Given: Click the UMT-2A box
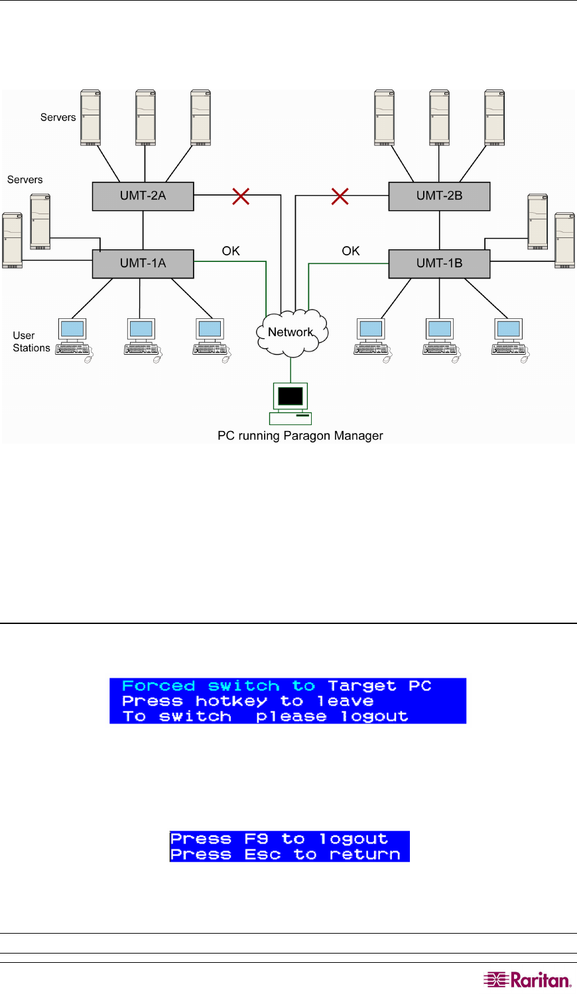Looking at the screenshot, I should click(143, 196).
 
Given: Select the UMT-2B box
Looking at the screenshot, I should click(439, 196).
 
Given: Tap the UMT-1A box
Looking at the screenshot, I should click(143, 264).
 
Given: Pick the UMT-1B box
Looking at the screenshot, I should click(439, 264).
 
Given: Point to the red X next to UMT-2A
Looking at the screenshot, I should click(241, 196).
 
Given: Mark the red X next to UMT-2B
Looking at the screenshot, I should click(340, 196).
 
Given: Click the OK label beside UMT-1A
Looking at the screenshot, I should click(231, 251).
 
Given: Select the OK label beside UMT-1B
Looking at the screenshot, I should click(351, 251).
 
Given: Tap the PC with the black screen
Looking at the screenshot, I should click(290, 398).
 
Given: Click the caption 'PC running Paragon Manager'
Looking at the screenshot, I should click(300, 436).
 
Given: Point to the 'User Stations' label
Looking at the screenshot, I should click(31, 342).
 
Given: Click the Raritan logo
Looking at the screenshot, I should click(527, 980).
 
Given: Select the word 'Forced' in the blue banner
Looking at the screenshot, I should click(159, 686).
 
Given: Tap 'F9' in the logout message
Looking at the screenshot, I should click(256, 839).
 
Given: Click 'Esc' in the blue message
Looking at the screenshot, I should click(263, 855).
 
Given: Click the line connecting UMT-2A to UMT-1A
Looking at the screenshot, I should click(143, 230).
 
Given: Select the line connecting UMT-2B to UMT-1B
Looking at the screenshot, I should click(440, 230).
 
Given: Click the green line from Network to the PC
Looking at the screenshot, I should click(290, 369).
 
